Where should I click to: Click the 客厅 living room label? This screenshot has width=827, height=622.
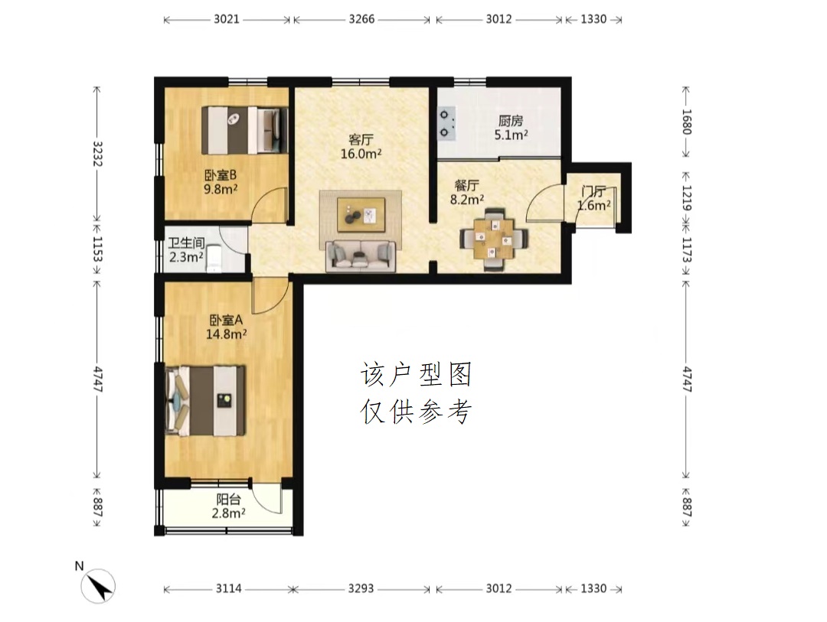[x=361, y=140]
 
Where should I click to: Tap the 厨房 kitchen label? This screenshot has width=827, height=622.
[x=511, y=121]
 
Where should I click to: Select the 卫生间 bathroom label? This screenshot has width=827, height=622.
[x=186, y=243]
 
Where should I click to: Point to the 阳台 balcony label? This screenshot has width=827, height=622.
[x=228, y=499]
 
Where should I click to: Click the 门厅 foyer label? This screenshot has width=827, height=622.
[x=593, y=191]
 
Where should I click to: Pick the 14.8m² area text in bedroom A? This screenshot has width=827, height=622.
[x=226, y=334]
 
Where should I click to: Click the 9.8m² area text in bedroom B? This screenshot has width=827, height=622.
[x=221, y=188]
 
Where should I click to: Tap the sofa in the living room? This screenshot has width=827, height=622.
[x=361, y=256]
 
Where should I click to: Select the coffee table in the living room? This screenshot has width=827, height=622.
[x=361, y=214]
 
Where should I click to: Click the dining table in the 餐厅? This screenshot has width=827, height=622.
[x=494, y=238]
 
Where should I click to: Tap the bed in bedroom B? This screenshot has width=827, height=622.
[x=245, y=131]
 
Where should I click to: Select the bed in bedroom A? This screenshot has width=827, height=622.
[x=205, y=401]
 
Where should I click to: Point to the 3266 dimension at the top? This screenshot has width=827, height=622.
[x=361, y=19]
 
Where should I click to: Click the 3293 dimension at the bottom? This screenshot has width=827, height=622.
[x=361, y=588]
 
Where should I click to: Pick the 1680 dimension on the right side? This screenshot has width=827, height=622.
[x=686, y=122]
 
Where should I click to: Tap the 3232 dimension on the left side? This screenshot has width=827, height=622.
[x=97, y=153]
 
